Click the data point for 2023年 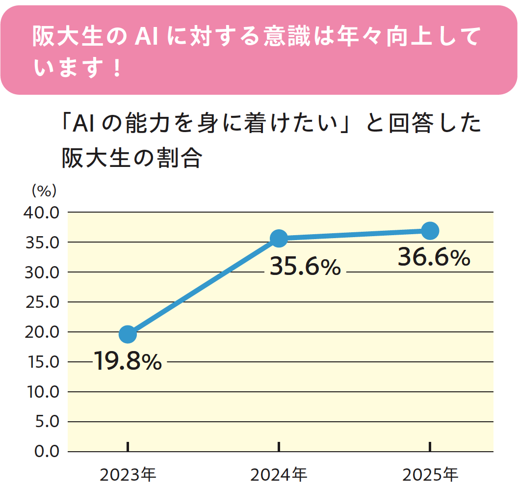(x=128, y=334)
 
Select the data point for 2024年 (x=279, y=239)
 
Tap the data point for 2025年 (x=430, y=230)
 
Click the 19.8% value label (x=128, y=362)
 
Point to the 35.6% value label (x=305, y=268)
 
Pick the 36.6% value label (x=434, y=258)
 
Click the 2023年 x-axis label (x=128, y=475)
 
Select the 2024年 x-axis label (x=279, y=475)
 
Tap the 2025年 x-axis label (x=430, y=475)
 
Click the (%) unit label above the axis (x=44, y=190)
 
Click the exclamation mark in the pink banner (x=116, y=68)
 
